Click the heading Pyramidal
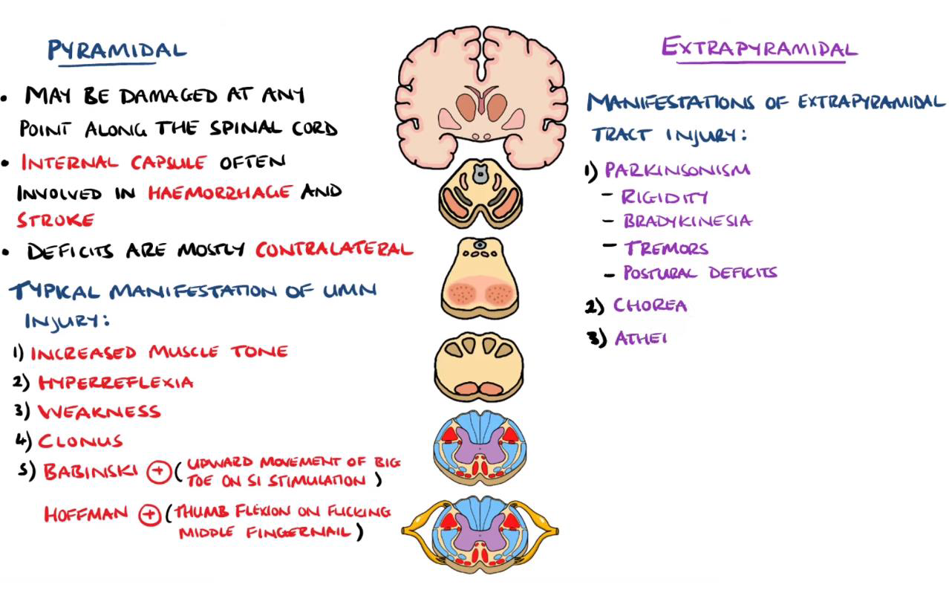[117, 51]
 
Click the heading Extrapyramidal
[759, 48]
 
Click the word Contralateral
[333, 250]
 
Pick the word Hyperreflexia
[115, 383]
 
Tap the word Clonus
[80, 441]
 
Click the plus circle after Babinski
[158, 473]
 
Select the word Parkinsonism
[676, 170]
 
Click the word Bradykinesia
[687, 221]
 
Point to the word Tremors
[665, 248]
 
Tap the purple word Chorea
[650, 305]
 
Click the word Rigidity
[664, 197]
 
